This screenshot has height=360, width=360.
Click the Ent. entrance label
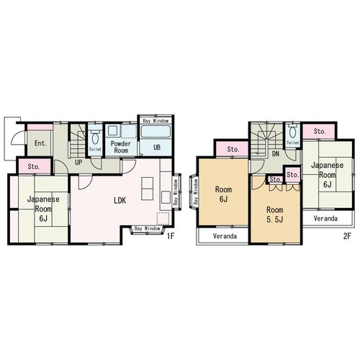[40, 143]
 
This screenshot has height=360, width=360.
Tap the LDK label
[120, 200]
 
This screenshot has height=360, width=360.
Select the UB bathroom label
[157, 147]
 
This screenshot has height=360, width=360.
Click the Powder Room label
[121, 147]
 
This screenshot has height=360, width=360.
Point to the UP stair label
[78, 163]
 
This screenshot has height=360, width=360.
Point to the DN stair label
[276, 154]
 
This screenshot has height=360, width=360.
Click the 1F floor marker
[171, 236]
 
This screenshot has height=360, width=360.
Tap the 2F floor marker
[347, 236]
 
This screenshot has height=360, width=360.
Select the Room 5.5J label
[275, 215]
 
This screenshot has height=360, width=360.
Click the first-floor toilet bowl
[95, 138]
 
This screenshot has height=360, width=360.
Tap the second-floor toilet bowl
[292, 132]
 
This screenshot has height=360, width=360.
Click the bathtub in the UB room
[156, 132]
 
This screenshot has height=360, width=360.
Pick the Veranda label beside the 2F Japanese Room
[325, 218]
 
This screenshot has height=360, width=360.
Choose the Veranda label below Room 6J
[225, 236]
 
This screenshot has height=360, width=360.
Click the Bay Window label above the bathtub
[156, 121]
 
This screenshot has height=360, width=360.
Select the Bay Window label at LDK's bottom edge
[147, 228]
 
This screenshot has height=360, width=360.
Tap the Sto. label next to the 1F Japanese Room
[34, 166]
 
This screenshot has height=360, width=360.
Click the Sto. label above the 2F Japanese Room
[320, 132]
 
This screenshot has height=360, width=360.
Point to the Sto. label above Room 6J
[233, 149]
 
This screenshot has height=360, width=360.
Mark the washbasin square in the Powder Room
[112, 131]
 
